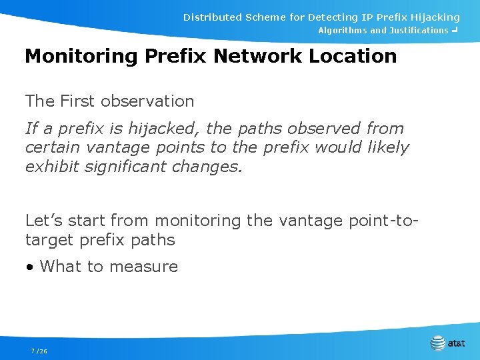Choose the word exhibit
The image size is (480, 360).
click(x=54, y=166)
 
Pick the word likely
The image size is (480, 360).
click(x=386, y=147)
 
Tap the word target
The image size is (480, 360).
click(x=49, y=239)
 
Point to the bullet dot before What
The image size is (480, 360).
click(x=29, y=267)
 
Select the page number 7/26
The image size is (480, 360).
click(x=39, y=351)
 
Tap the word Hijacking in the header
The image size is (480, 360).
click(x=432, y=17)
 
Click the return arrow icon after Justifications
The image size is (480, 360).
click(x=454, y=30)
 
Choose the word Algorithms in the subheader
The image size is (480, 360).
click(x=342, y=31)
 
